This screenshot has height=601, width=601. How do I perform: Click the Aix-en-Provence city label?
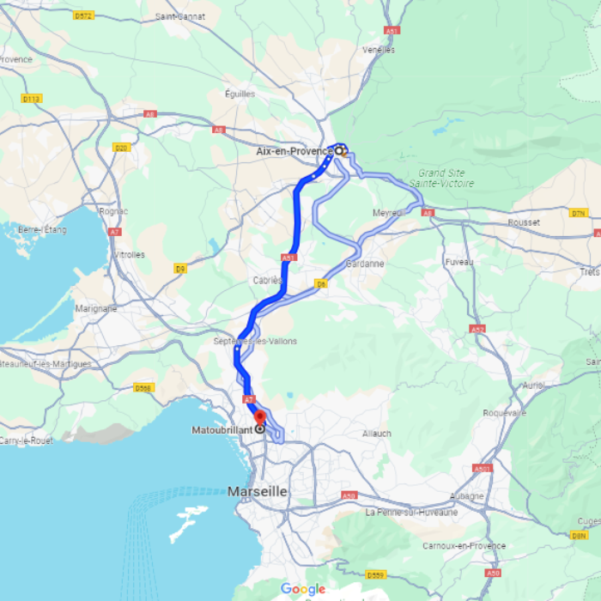(294, 151)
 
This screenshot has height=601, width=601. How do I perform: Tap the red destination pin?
(260, 418)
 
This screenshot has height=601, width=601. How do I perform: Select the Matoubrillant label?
(222, 428)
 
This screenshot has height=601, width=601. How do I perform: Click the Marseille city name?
(258, 492)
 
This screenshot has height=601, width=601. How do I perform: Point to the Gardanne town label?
(365, 264)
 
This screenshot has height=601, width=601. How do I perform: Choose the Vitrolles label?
(128, 255)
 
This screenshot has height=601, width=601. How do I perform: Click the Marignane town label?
(95, 308)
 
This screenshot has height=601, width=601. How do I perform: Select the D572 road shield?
(83, 15)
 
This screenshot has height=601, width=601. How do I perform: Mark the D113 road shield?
(32, 99)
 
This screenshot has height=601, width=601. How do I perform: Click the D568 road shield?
(143, 387)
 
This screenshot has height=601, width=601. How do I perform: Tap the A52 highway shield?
(477, 329)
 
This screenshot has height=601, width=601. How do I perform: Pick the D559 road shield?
(376, 574)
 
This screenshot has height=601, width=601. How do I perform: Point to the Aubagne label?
(467, 496)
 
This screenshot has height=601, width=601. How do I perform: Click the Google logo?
(303, 589)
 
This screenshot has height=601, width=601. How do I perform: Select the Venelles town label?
(379, 50)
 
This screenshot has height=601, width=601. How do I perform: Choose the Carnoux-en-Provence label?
(464, 546)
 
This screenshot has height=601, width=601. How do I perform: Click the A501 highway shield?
(482, 469)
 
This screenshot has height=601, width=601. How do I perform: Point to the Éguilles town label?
(240, 94)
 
